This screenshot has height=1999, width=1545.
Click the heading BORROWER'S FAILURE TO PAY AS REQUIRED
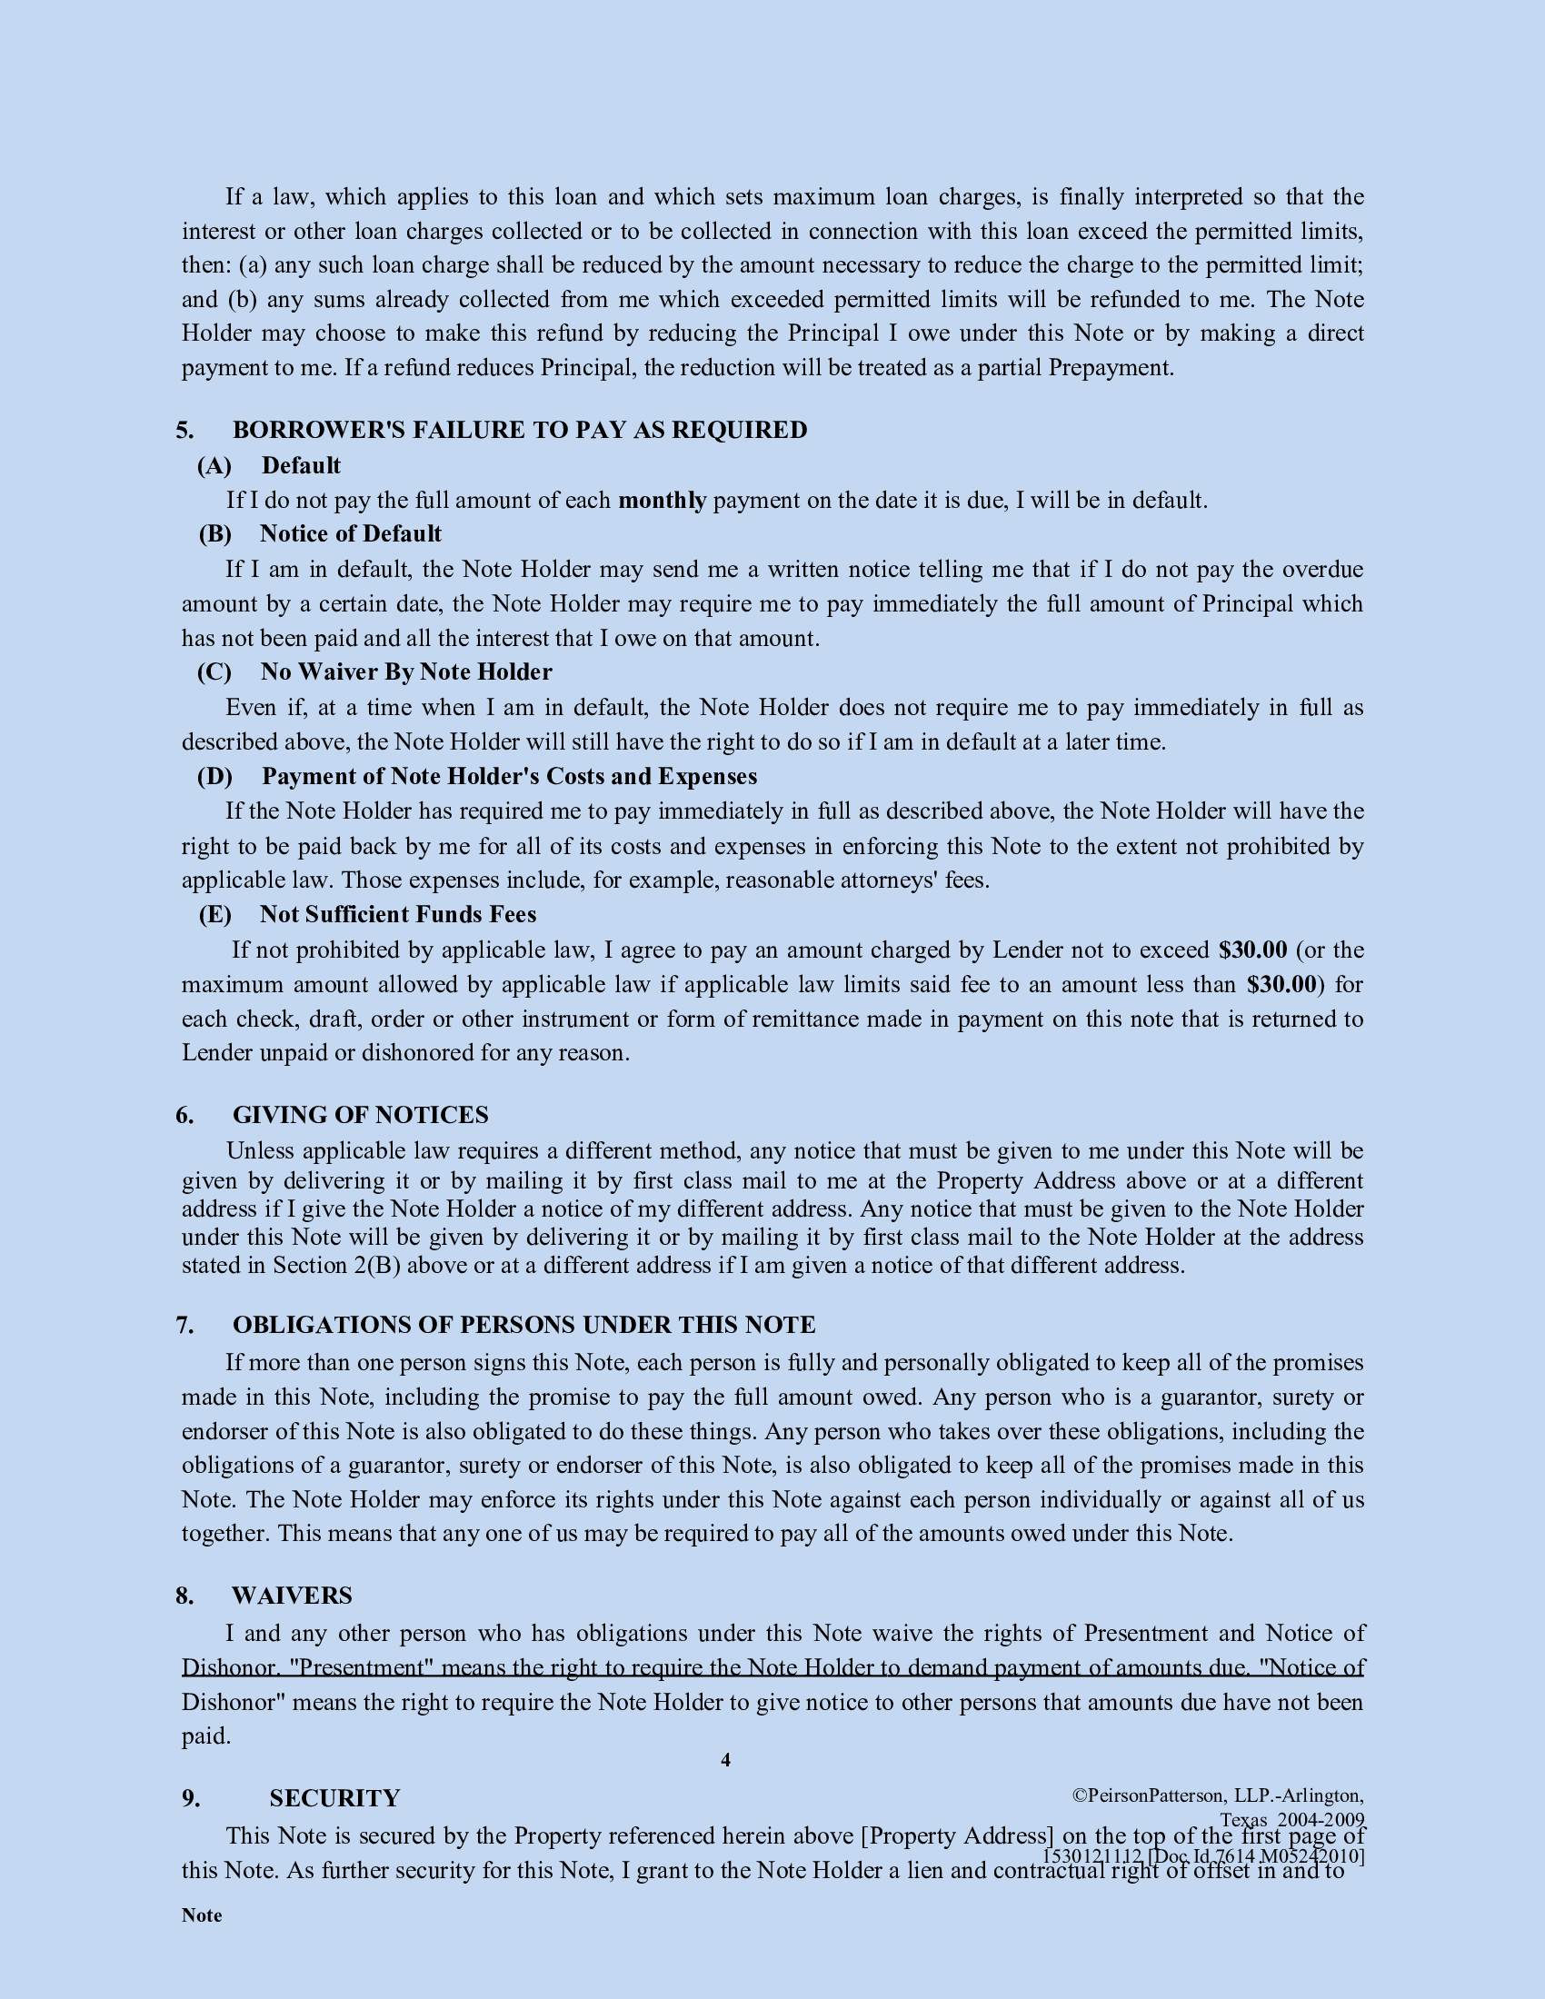click(x=519, y=430)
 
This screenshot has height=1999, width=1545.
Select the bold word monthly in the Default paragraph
click(x=662, y=501)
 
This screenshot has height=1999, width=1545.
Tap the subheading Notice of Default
click(x=350, y=533)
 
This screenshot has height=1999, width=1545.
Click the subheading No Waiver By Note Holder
click(x=405, y=671)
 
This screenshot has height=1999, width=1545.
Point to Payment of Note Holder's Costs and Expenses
click(x=509, y=776)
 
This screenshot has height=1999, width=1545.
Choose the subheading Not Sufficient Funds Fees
click(x=397, y=914)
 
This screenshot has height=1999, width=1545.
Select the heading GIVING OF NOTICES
click(x=360, y=1115)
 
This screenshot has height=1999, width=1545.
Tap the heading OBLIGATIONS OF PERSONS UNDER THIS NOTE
click(x=523, y=1326)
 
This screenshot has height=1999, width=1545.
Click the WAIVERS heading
click(x=291, y=1596)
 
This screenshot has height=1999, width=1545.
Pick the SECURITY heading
click(x=334, y=1798)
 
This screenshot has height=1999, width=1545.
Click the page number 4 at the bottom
click(x=726, y=1760)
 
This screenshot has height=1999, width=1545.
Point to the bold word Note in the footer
click(x=202, y=1915)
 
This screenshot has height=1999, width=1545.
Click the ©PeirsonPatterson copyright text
click(x=1217, y=1795)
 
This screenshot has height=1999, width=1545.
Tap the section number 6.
click(x=184, y=1115)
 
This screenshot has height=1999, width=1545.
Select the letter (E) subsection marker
click(x=215, y=914)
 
